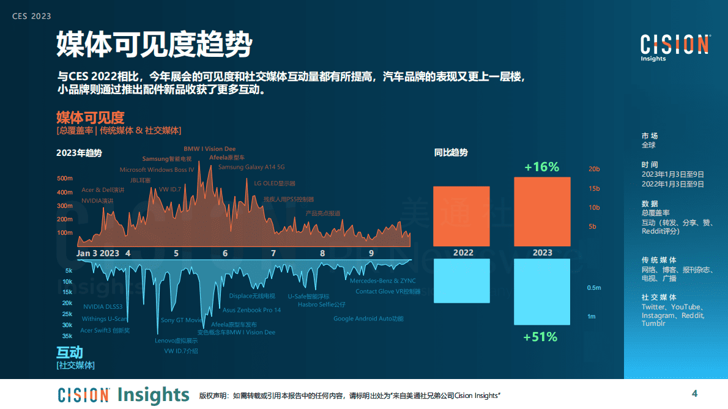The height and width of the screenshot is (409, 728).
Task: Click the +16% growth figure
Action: [x=542, y=167]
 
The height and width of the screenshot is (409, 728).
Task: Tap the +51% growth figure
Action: [x=541, y=336]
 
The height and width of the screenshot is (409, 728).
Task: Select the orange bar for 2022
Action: [x=461, y=215]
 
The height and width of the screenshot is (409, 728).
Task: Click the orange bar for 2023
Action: [x=542, y=211]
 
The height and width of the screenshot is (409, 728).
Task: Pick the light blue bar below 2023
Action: [x=542, y=292]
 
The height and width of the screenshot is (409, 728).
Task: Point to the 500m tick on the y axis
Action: [x=65, y=179]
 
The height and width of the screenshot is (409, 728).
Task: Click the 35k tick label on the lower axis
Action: [x=67, y=336]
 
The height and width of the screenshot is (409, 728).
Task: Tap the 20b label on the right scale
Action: [x=594, y=169]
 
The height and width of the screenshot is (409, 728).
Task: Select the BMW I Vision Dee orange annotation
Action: [x=210, y=149]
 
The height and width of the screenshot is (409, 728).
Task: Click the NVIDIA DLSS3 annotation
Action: [x=103, y=307]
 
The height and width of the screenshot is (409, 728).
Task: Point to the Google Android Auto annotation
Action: [x=368, y=319]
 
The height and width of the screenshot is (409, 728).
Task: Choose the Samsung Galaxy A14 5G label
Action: [x=251, y=167]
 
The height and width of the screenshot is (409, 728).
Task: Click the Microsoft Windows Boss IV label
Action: [x=157, y=170]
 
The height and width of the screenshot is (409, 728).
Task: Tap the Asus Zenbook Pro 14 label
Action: [x=251, y=310]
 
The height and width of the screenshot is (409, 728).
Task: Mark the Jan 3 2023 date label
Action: [x=98, y=253]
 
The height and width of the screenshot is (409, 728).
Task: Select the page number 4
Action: [x=694, y=392]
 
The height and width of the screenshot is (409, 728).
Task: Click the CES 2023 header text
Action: [x=32, y=16]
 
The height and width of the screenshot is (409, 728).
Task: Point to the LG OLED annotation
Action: [x=275, y=183]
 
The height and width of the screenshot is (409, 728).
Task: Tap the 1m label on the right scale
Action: [x=591, y=316]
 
